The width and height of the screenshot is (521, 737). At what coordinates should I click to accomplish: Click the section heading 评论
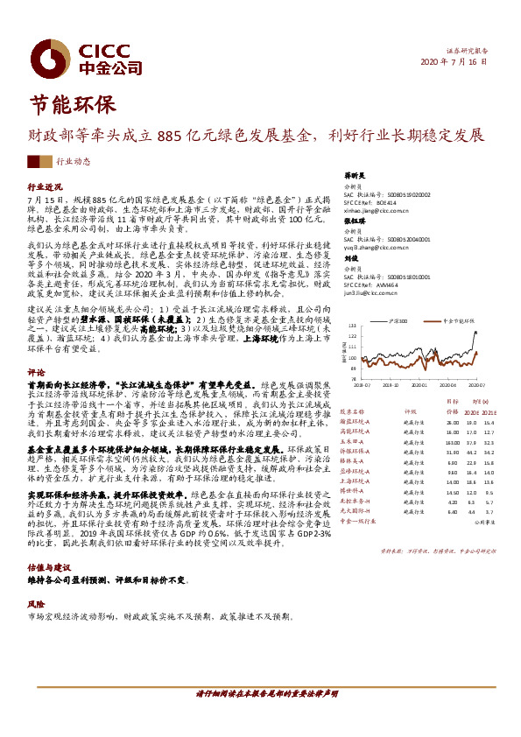point(35,371)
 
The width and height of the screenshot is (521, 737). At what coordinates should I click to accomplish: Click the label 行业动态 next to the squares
point(74,162)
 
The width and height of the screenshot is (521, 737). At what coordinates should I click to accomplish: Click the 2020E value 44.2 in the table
point(472,453)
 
